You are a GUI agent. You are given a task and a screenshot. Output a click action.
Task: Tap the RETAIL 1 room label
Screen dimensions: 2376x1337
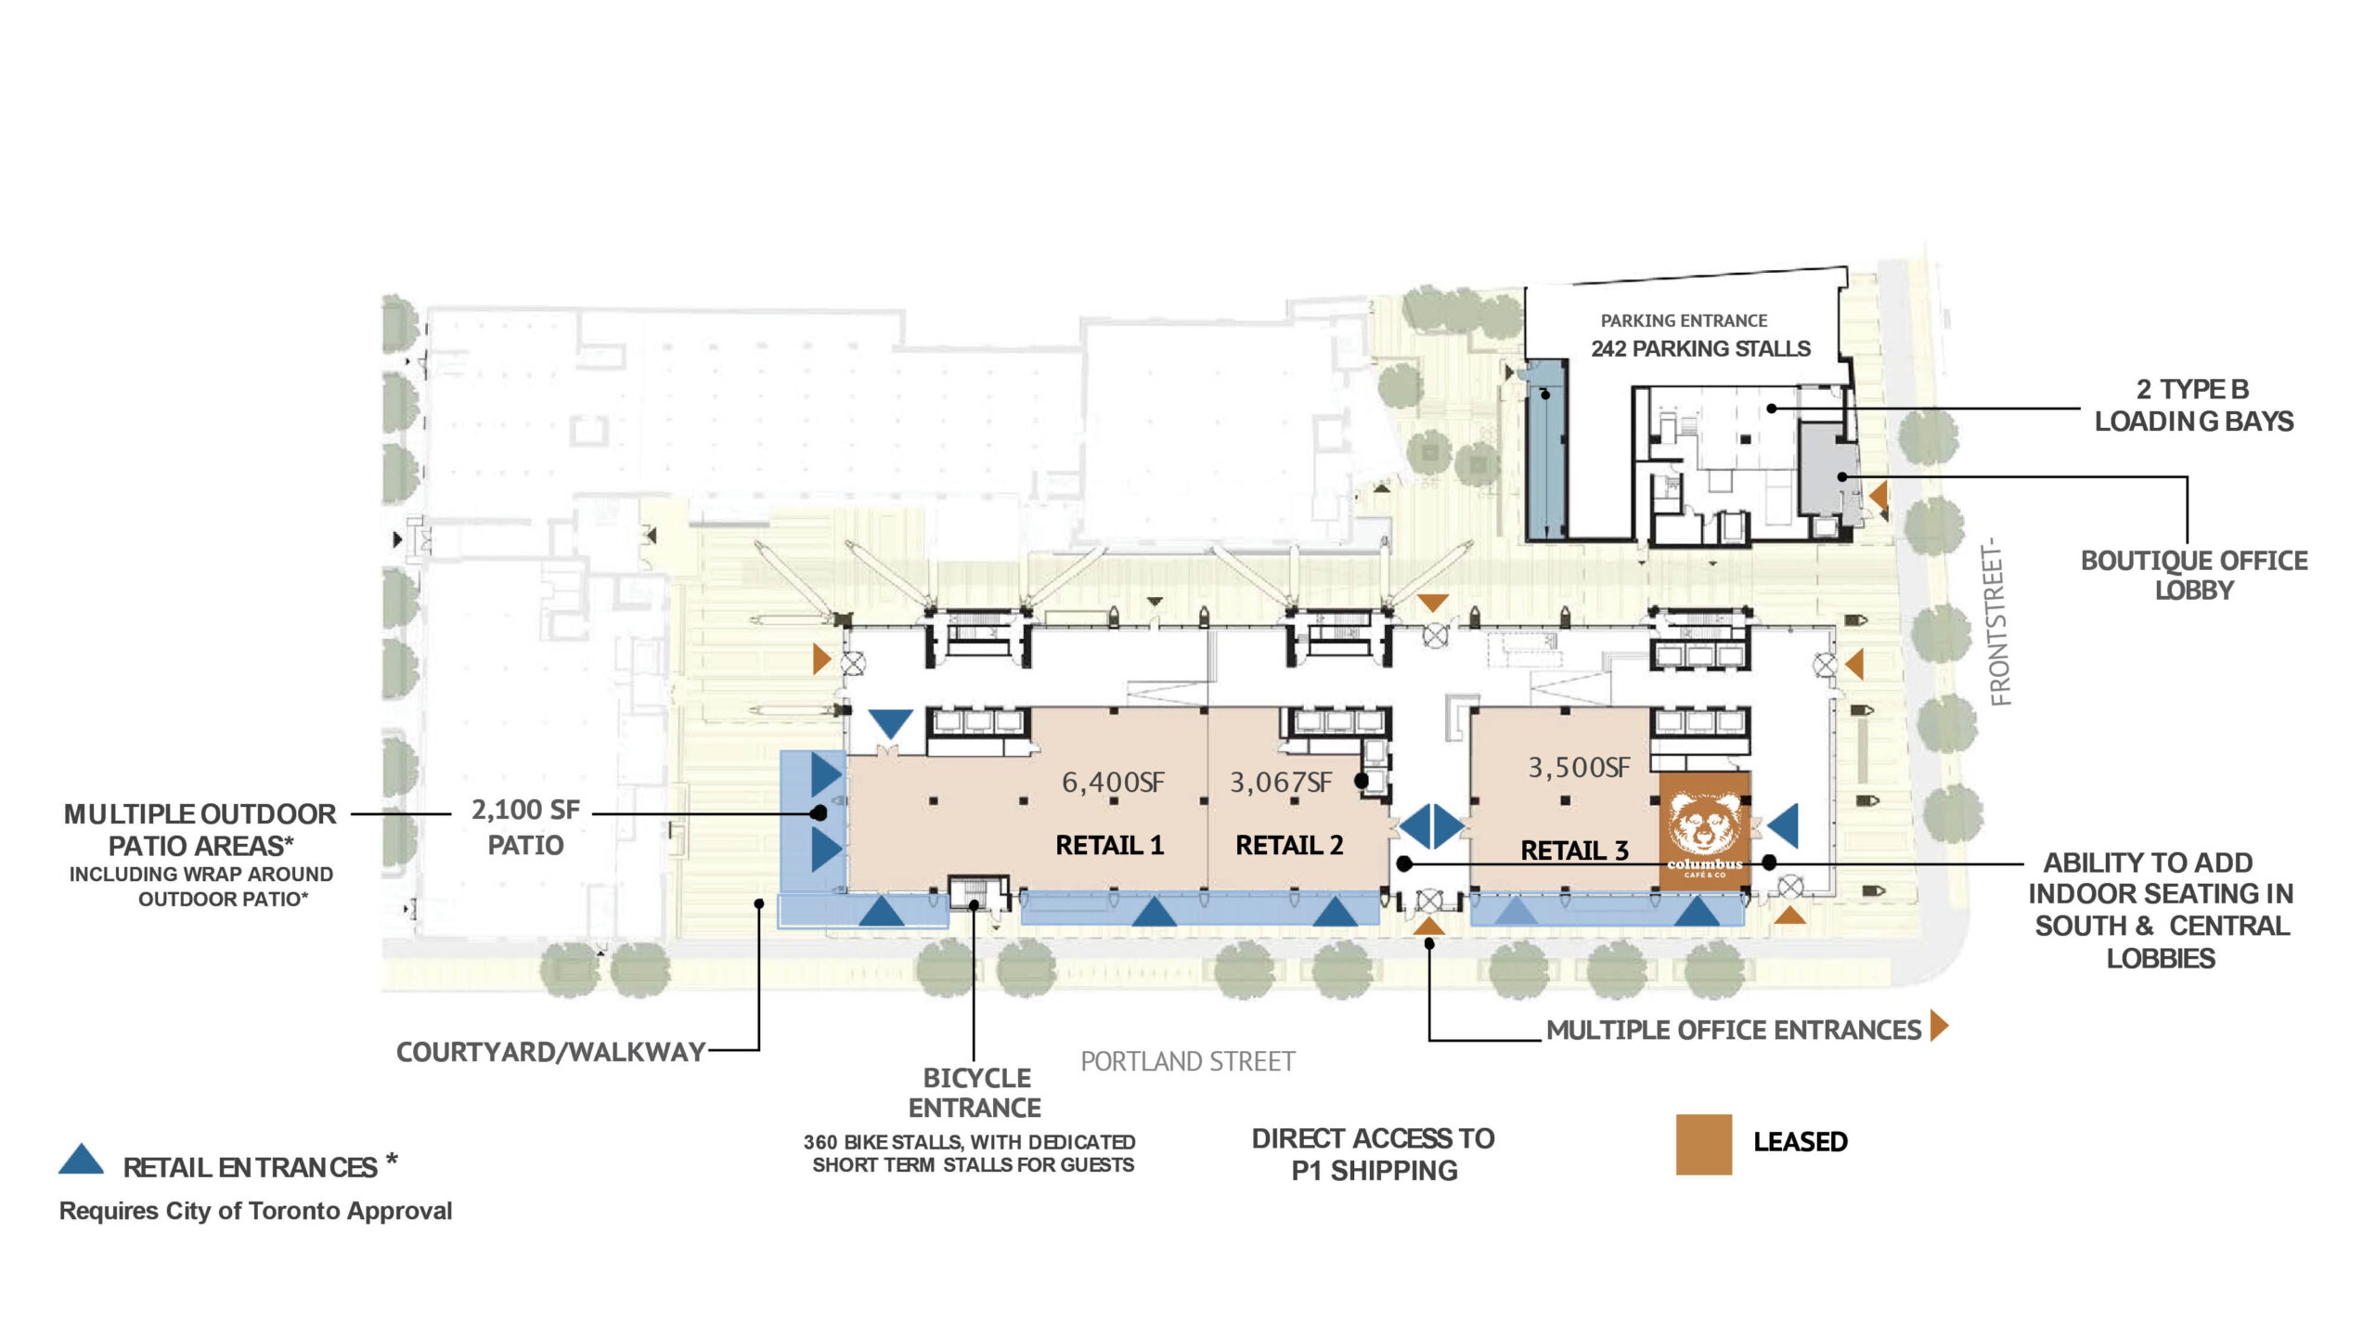click(x=1109, y=845)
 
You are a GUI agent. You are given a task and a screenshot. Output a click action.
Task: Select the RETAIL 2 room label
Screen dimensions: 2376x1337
click(x=1289, y=845)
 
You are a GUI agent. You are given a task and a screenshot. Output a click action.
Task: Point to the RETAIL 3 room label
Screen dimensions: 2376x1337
click(x=1574, y=850)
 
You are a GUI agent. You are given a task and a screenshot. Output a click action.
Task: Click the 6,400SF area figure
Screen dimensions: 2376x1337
click(x=1113, y=783)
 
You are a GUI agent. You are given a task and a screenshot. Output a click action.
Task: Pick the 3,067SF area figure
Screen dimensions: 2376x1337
click(x=1281, y=783)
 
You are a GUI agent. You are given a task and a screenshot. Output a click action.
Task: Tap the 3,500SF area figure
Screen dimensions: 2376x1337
click(x=1579, y=768)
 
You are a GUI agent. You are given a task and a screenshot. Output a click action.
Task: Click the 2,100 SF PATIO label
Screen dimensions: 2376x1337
click(x=525, y=827)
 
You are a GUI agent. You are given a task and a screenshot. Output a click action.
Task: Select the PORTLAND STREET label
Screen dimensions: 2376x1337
click(x=1187, y=1061)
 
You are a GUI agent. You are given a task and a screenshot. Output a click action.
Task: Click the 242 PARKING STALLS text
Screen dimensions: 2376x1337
click(x=1700, y=349)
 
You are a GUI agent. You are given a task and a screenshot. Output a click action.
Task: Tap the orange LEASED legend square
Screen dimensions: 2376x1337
click(x=1703, y=1144)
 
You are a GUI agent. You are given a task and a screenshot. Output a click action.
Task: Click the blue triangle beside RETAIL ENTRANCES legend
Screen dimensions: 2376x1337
click(x=82, y=1160)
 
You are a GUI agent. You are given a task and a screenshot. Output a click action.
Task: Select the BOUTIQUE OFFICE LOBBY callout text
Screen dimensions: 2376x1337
click(x=2194, y=575)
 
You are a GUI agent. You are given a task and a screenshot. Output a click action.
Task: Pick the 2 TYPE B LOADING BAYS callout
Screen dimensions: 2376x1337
click(x=2193, y=405)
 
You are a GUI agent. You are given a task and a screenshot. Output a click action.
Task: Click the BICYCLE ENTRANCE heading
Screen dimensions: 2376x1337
click(x=975, y=1093)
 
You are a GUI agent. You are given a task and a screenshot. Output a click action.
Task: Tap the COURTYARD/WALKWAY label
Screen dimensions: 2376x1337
click(x=550, y=1052)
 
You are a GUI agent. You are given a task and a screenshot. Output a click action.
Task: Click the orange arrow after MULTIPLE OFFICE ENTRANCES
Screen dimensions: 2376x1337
click(x=1939, y=1026)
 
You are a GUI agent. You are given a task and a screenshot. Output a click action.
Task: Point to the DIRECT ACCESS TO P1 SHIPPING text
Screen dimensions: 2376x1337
click(x=1374, y=1154)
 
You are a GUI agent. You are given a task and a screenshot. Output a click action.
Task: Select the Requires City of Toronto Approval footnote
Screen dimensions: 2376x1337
click(x=255, y=1211)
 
